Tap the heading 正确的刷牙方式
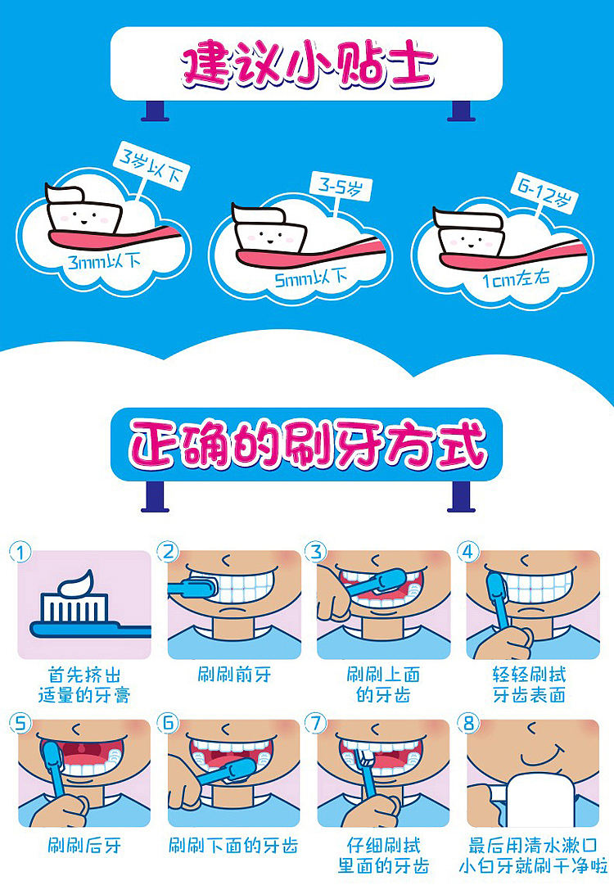coord(308,446)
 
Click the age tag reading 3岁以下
coord(151,166)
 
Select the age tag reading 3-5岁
coord(341,187)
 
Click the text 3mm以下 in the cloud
coord(105,262)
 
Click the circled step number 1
coord(21,553)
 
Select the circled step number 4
coord(467,552)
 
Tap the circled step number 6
coord(169,722)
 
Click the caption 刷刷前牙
coord(234,674)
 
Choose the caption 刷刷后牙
coord(84,845)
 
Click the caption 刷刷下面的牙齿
coord(233,845)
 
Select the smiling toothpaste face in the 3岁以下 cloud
coord(84,216)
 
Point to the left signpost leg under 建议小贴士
coord(156,111)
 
